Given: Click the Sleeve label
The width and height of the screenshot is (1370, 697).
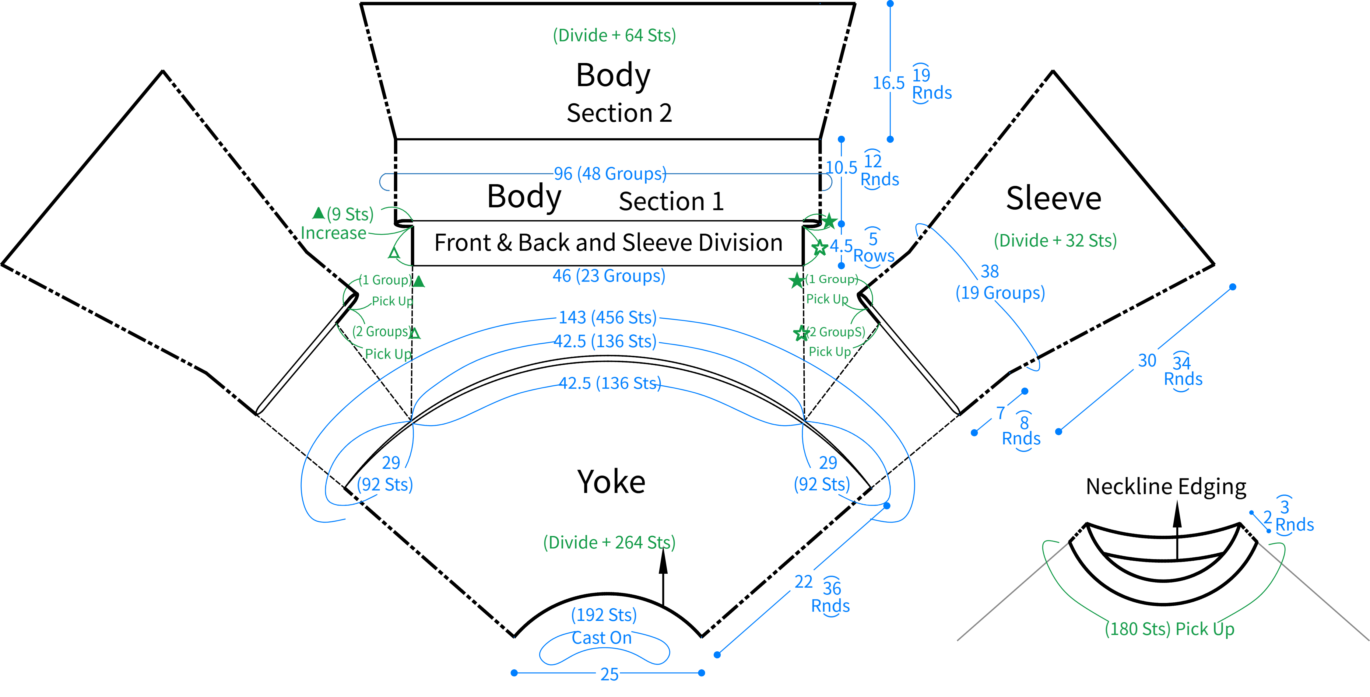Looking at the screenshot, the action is [x=1054, y=198].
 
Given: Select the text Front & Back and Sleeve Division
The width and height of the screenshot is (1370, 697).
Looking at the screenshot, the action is [x=608, y=243].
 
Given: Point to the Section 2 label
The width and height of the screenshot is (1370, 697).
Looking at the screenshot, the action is [x=619, y=113].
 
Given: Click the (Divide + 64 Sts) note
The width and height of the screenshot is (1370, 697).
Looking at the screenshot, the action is [x=614, y=36].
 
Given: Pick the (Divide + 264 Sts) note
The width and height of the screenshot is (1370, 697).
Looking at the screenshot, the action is [x=609, y=542].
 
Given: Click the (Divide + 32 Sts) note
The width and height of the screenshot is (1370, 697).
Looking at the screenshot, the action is [x=1055, y=240].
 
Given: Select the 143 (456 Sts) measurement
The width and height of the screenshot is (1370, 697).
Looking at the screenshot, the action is [x=607, y=317].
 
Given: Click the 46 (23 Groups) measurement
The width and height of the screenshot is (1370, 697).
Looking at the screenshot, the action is [x=608, y=276].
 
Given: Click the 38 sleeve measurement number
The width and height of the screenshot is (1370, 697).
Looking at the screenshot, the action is [x=990, y=271].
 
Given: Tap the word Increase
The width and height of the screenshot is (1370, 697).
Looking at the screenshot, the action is [x=333, y=233].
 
